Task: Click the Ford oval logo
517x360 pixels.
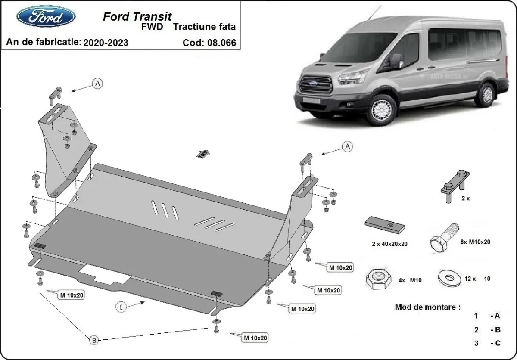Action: [46, 16]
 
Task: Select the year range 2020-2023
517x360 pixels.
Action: [105, 43]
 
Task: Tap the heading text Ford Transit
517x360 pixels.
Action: [137, 16]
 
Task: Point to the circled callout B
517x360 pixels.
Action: [94, 340]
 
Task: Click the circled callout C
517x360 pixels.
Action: [121, 307]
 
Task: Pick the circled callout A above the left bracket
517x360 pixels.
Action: [98, 84]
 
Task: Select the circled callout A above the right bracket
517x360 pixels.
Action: [347, 147]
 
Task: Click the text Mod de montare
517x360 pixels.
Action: [427, 307]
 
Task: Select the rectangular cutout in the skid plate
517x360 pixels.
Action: [104, 274]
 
